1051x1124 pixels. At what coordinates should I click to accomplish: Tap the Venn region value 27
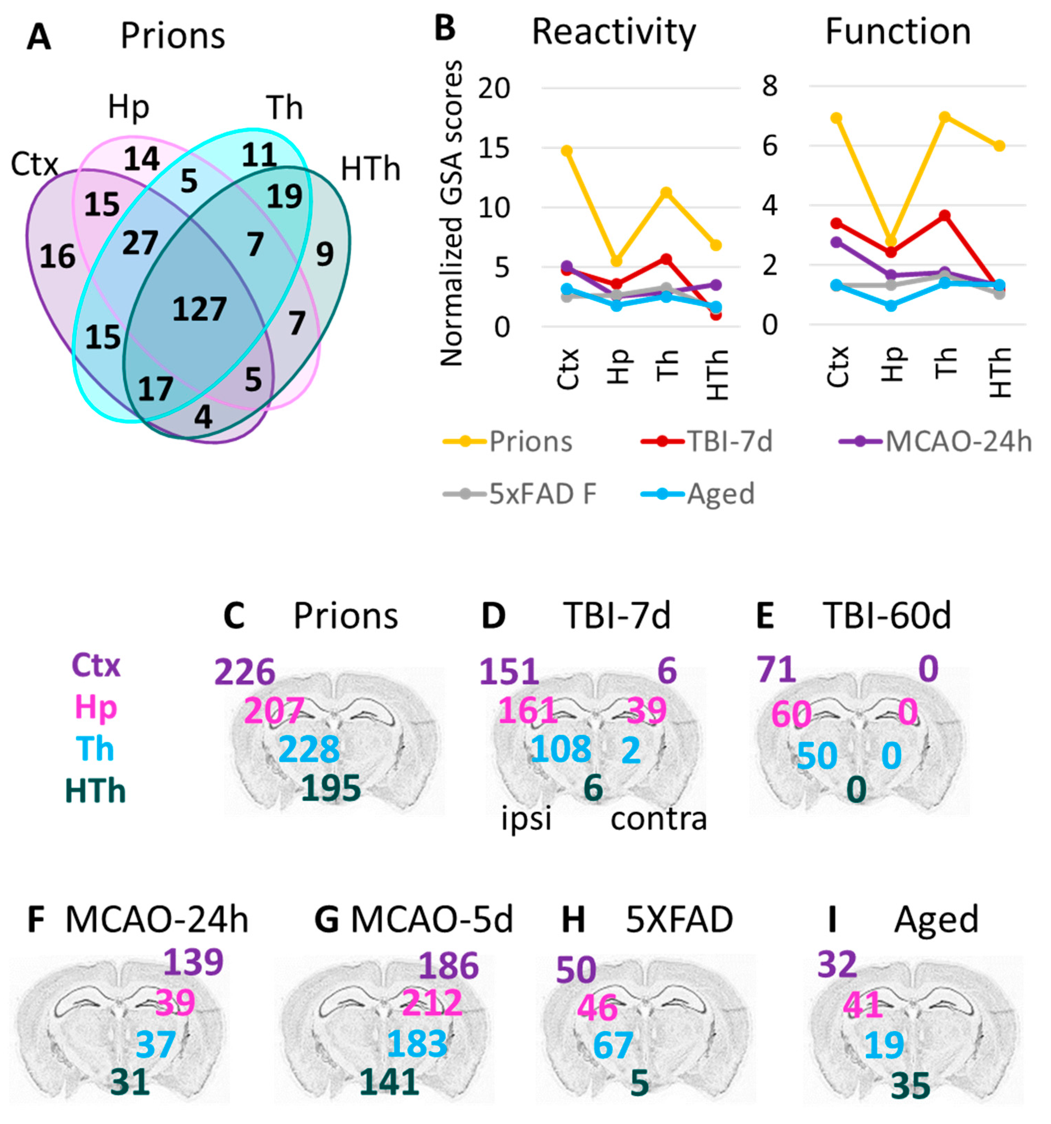tap(140, 243)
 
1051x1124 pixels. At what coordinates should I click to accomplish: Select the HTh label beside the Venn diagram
tap(370, 169)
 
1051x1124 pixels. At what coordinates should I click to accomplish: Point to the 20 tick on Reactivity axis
tap(494, 88)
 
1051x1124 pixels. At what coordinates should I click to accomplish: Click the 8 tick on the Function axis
tap(770, 86)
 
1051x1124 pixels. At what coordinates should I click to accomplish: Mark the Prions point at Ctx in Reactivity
tap(567, 151)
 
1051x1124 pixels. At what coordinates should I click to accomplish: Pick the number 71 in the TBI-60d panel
tap(776, 669)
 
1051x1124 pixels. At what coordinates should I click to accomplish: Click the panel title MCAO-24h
tap(157, 919)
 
